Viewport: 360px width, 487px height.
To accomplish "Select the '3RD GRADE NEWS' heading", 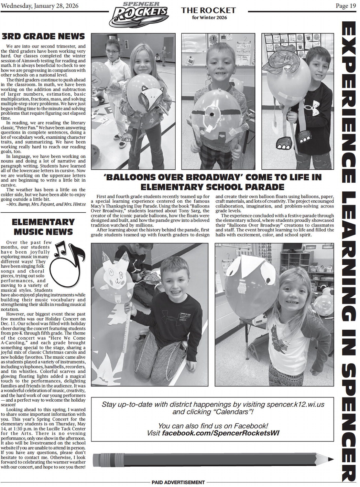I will pos(43,36).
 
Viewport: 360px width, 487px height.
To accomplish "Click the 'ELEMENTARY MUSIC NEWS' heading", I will pos(43,227).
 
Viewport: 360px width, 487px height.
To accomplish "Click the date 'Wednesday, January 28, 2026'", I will pos(40,6).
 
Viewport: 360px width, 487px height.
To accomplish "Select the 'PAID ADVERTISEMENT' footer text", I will pos(178,482).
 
